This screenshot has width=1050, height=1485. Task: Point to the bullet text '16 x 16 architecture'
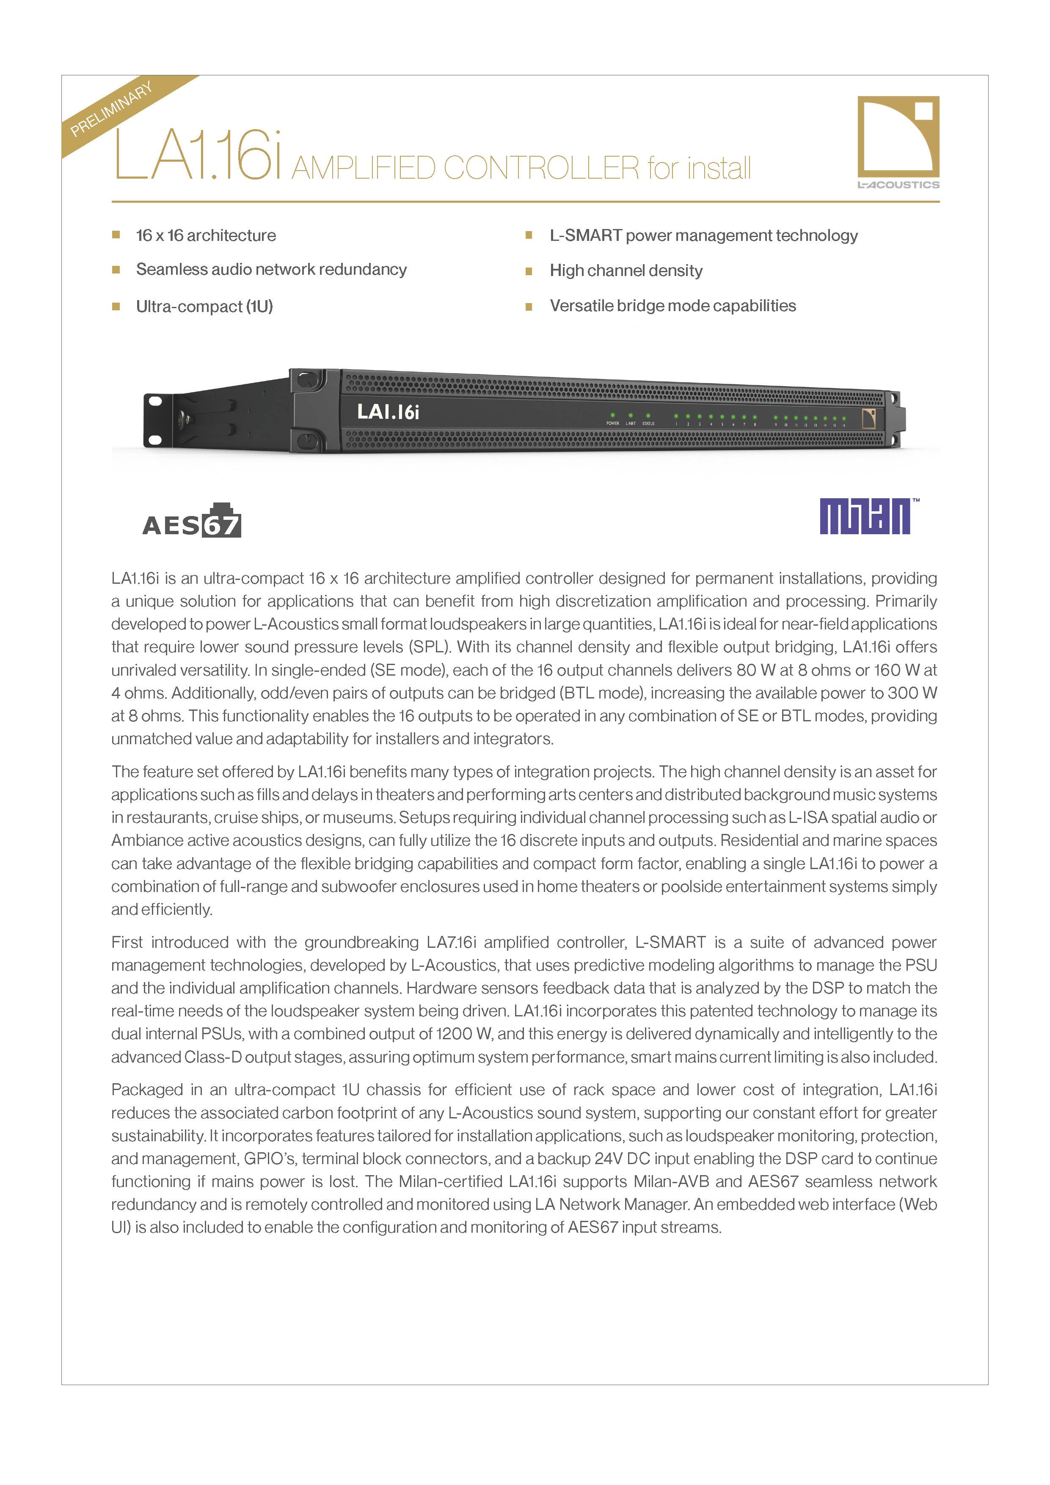pos(206,235)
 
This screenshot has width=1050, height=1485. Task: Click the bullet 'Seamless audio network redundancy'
pos(271,270)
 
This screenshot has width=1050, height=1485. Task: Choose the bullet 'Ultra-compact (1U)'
pos(204,306)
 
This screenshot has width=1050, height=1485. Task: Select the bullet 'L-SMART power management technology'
pos(703,235)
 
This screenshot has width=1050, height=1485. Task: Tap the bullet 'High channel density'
pos(626,271)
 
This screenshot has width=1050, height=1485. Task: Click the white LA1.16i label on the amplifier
pos(388,411)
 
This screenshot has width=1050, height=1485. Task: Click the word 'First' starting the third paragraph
pos(127,942)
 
